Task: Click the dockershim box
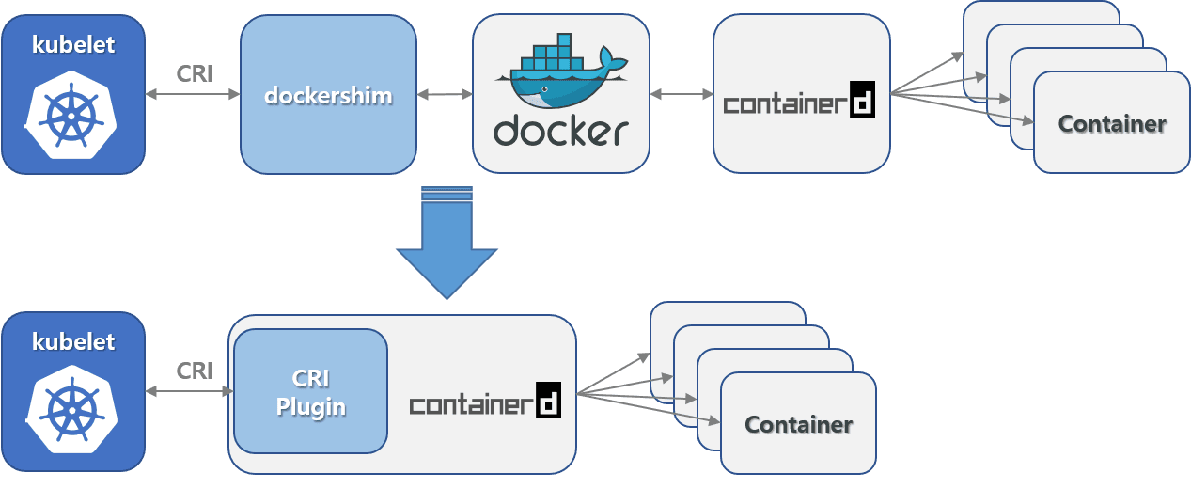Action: (328, 95)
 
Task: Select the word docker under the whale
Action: (560, 132)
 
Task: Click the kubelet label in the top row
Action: (73, 43)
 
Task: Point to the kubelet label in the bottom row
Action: (73, 341)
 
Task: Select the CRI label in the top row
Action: (195, 73)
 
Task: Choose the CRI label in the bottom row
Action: (195, 371)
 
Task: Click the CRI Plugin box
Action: (310, 391)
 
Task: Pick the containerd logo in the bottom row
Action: (485, 402)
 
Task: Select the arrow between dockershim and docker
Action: (445, 94)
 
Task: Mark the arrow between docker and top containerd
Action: (682, 94)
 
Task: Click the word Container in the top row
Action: (1112, 123)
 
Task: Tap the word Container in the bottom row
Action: (798, 424)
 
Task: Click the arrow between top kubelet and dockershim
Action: (193, 94)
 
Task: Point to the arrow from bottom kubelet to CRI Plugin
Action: (189, 390)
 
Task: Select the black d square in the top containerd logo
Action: (862, 101)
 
